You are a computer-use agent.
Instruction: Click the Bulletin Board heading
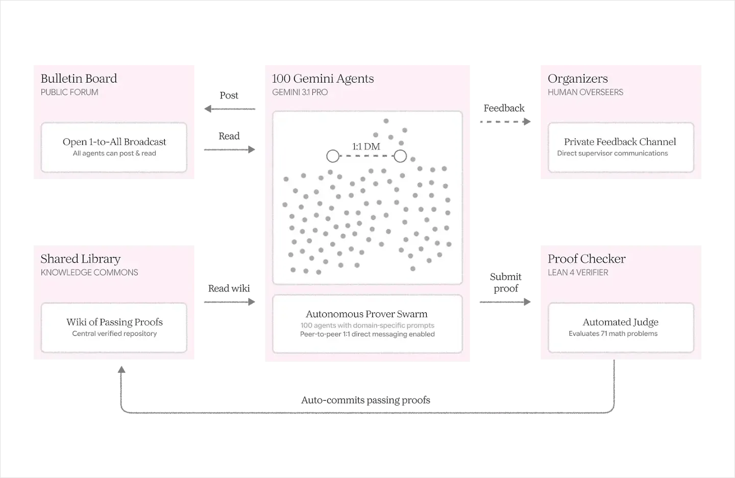coord(79,79)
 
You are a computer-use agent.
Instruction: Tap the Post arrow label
coord(229,95)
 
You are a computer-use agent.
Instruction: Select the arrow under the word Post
coord(230,109)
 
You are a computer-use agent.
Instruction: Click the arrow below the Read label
coord(230,150)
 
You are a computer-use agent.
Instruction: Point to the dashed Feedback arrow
coord(505,121)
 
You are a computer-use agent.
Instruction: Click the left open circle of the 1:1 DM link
coord(333,156)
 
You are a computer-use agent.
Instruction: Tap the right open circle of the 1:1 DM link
coord(400,156)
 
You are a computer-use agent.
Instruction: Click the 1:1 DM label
coord(366,146)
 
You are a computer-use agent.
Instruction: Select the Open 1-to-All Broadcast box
coord(114,147)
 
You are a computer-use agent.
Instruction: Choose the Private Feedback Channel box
coord(621,147)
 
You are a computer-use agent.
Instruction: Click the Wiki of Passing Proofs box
coord(114,328)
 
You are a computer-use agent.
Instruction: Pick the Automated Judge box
coord(621,328)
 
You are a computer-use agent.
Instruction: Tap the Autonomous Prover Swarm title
coord(367,314)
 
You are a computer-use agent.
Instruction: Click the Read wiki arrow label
coord(229,289)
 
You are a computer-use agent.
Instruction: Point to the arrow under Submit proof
coord(505,302)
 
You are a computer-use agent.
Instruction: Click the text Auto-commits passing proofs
coord(366,400)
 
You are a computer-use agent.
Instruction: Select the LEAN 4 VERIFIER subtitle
coord(578,273)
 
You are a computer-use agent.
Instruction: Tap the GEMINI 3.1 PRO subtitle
coord(300,92)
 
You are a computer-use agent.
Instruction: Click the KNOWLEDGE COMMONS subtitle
coord(89,273)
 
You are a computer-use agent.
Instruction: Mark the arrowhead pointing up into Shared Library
coord(121,369)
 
